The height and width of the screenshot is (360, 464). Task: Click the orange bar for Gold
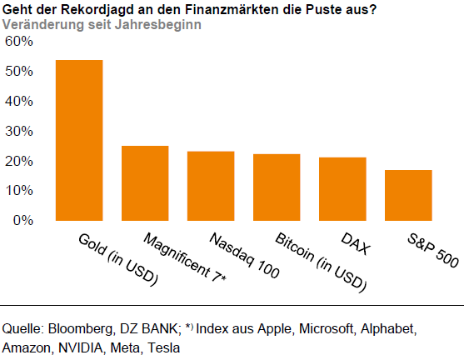click(79, 140)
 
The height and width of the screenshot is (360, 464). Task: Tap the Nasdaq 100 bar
click(211, 186)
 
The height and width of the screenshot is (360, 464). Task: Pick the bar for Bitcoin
click(277, 187)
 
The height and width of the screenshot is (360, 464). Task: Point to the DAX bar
click(342, 189)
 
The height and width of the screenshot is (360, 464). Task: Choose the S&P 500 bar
click(408, 195)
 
